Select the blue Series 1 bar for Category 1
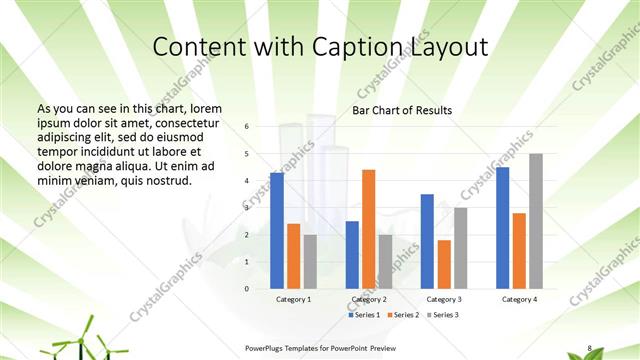276,231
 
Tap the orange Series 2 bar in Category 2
368,229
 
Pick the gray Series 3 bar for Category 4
536,221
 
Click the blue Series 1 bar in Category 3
427,241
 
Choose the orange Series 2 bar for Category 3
443,264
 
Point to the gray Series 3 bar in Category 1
310,262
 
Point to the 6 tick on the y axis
247,127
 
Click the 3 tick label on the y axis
247,208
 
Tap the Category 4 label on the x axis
518,299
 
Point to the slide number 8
589,348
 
